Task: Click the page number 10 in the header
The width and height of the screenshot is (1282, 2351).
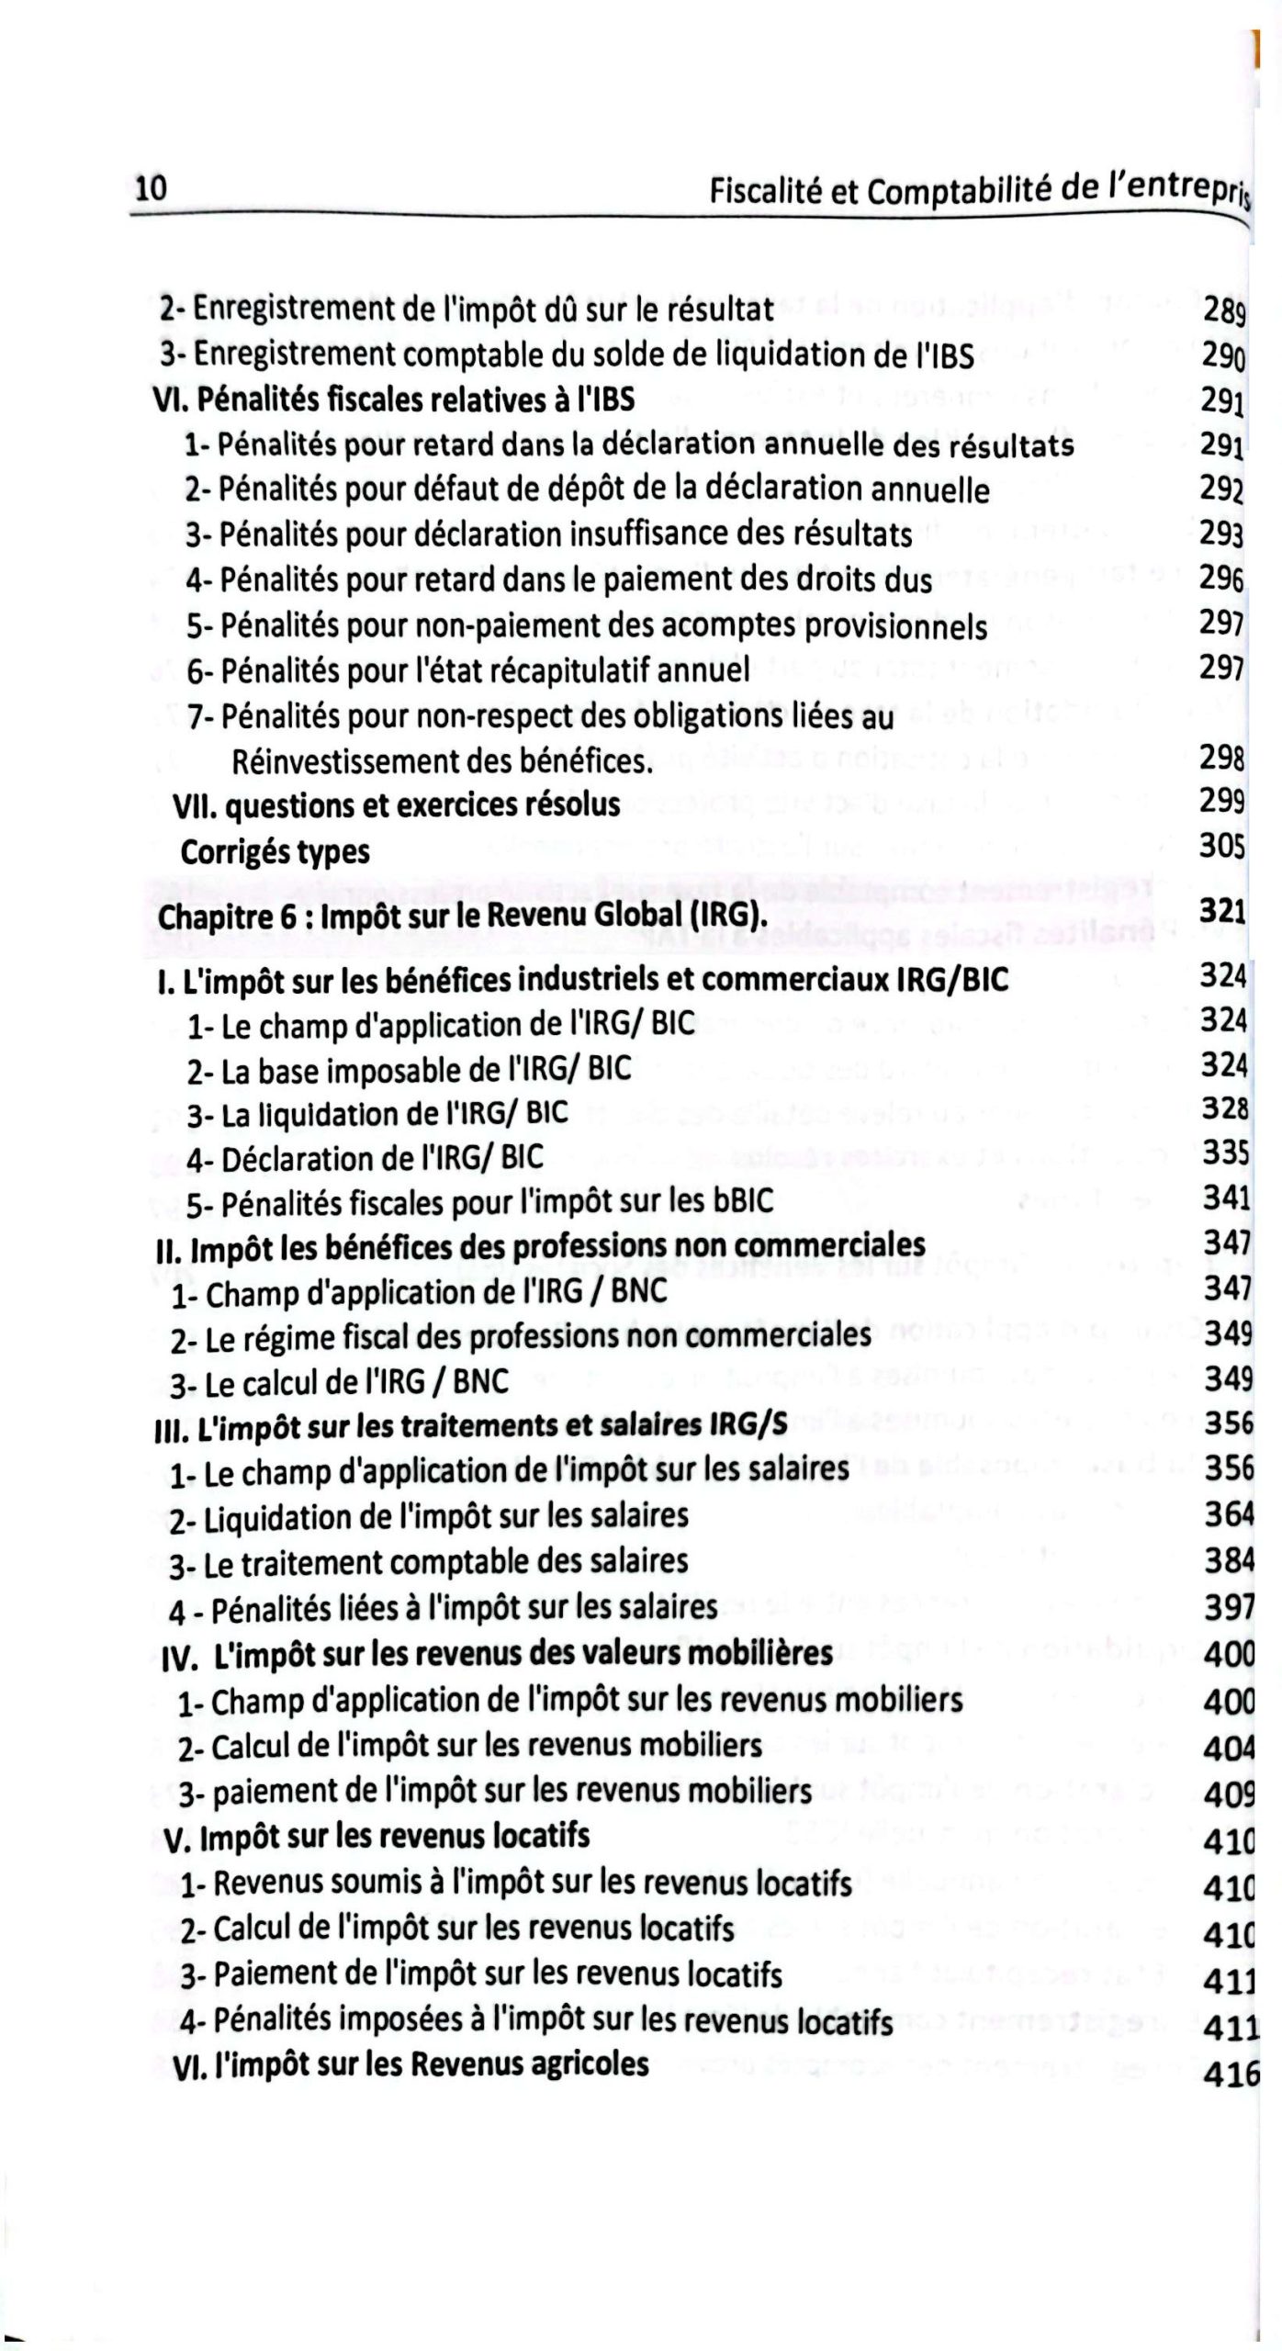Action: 151,188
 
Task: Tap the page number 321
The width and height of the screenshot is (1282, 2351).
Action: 1222,911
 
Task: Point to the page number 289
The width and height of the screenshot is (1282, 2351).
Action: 1222,312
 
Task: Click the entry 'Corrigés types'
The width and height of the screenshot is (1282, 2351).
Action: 275,852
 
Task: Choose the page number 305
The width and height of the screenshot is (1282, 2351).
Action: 1222,846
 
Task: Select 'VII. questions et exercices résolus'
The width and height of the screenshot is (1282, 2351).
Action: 396,805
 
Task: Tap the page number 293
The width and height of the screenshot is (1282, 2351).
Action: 1221,534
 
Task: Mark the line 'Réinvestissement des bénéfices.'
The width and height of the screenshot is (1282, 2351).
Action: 443,761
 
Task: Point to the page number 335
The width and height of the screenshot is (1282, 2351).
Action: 1226,1152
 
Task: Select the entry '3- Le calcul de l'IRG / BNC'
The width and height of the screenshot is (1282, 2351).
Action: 339,1381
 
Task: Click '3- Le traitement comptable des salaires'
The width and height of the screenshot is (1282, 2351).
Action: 428,1562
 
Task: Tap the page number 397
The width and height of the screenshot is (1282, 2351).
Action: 1229,1606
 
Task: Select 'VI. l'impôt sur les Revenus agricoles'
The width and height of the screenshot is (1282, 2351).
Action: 410,2064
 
